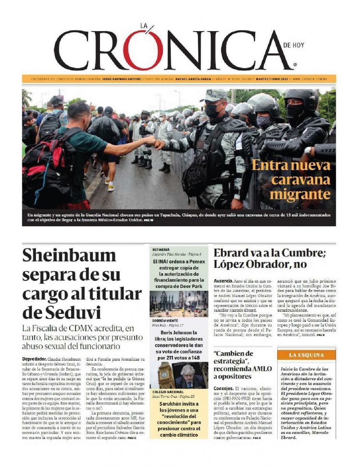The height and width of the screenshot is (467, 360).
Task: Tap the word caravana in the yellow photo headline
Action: click(x=301, y=179)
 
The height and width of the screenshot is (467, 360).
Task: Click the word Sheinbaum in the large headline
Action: click(x=69, y=256)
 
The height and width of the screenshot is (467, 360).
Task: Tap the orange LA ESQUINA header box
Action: click(x=306, y=355)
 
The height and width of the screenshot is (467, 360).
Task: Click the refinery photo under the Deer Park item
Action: click(x=179, y=304)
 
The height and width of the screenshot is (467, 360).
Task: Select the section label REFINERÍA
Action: click(x=161, y=249)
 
